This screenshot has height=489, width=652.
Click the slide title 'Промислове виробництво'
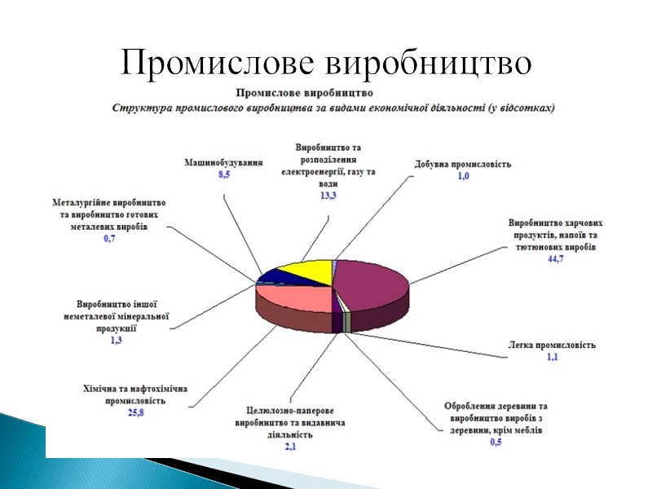(326, 62)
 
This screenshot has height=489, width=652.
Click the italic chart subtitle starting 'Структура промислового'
(334, 107)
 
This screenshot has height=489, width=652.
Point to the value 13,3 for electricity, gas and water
(328, 196)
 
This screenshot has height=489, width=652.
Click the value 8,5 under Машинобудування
(224, 175)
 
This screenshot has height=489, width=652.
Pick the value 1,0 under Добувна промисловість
(463, 177)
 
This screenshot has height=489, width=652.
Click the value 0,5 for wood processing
(496, 443)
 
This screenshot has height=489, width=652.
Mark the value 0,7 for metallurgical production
(108, 239)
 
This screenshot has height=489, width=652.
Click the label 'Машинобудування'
(223, 163)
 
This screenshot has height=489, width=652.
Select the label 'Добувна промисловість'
(463, 165)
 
